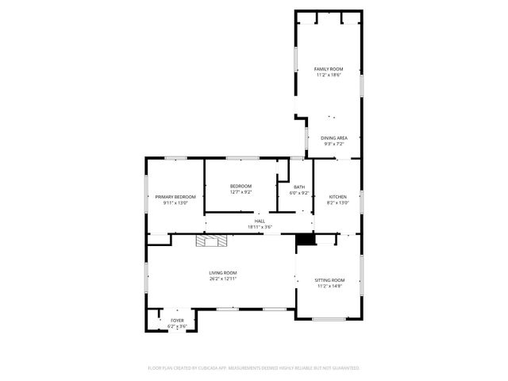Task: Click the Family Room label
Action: click(329, 70)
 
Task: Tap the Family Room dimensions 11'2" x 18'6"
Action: click(329, 75)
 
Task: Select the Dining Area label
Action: click(334, 138)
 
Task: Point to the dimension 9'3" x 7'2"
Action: click(334, 144)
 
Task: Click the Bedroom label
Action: click(241, 186)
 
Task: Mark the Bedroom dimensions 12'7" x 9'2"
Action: click(241, 191)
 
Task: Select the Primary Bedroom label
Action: click(175, 197)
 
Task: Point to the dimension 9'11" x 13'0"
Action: click(175, 202)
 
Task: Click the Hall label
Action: click(259, 221)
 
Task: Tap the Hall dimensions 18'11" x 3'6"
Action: click(259, 227)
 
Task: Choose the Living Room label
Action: click(223, 273)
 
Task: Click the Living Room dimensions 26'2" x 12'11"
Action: click(223, 279)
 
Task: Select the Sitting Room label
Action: click(329, 280)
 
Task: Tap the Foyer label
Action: click(176, 321)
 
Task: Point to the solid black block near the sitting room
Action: click(305, 239)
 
